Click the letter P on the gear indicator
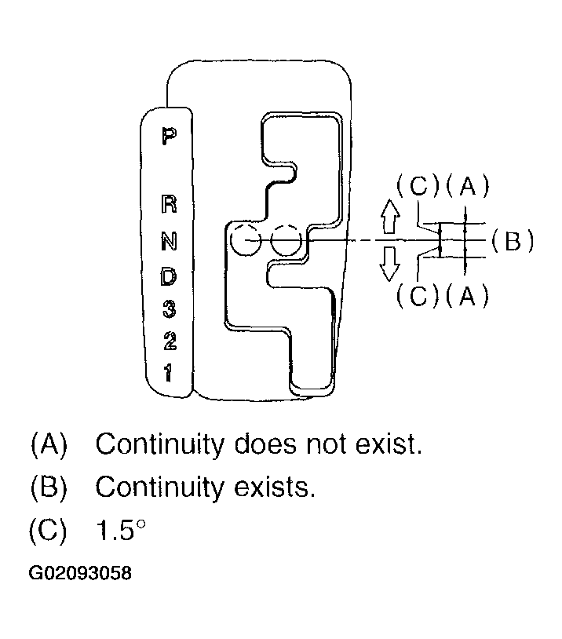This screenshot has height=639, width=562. coord(168,137)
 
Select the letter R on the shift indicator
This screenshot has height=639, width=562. coord(169,204)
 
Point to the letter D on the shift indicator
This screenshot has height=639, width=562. coord(169,276)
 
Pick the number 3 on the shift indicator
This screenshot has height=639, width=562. coord(169,309)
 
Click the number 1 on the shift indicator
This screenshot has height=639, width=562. coord(169,371)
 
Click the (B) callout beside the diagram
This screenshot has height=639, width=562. coord(513,240)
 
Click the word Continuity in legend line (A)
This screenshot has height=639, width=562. coord(159,445)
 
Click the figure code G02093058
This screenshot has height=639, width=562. coord(80,574)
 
